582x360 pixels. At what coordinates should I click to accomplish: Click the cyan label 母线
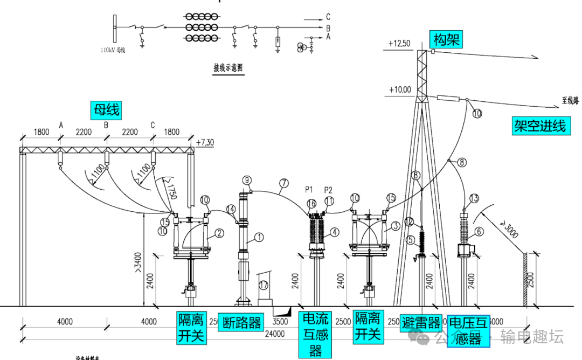coord(106,110)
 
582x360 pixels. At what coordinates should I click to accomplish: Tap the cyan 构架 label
coord(446,39)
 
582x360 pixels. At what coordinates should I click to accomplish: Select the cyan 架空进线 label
coord(539,126)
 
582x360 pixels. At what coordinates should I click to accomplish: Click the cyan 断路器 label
coord(241,322)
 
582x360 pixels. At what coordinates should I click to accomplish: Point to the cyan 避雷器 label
coord(421,322)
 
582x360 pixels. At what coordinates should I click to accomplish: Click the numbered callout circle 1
coord(259,236)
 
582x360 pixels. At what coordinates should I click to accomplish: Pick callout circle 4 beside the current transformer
coord(335,232)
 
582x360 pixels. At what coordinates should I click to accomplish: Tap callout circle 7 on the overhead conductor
coord(283,183)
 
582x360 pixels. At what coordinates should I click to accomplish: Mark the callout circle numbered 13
coord(474,198)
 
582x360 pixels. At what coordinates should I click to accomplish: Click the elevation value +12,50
coord(399,43)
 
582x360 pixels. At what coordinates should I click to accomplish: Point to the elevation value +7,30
coord(205,142)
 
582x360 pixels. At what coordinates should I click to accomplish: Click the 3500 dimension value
coord(281,322)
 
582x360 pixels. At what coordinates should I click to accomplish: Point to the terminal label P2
coord(328,190)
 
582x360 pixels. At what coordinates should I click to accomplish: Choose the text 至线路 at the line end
coord(570,100)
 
